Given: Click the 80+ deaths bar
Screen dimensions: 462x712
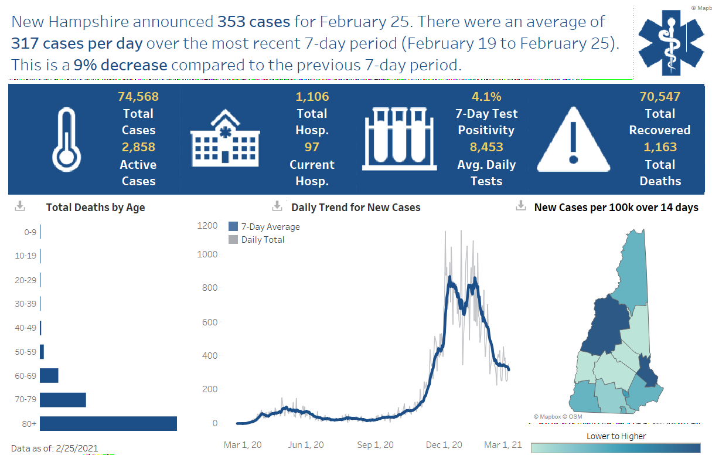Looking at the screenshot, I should click(108, 423).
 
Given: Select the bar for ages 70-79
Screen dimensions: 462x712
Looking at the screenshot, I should click(63, 400).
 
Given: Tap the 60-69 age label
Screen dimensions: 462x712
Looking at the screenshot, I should click(26, 375).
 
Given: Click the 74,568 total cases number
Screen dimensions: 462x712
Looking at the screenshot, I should click(138, 96).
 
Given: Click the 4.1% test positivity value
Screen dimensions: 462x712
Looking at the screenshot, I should click(486, 96).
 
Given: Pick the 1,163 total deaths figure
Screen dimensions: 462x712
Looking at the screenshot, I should click(660, 147).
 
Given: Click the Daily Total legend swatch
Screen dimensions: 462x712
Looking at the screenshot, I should click(233, 240).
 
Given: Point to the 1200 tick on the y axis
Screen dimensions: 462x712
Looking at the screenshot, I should click(207, 226).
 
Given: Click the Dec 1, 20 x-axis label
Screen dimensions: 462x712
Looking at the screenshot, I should click(444, 445).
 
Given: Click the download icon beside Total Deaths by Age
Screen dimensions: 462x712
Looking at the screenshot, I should click(20, 206).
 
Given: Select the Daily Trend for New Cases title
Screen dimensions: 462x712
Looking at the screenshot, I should click(356, 208).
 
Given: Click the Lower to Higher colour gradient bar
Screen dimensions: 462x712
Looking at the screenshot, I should click(615, 448).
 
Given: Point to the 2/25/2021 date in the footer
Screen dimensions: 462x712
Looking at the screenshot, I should click(77, 449).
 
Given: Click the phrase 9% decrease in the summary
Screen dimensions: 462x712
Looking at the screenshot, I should click(120, 65).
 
